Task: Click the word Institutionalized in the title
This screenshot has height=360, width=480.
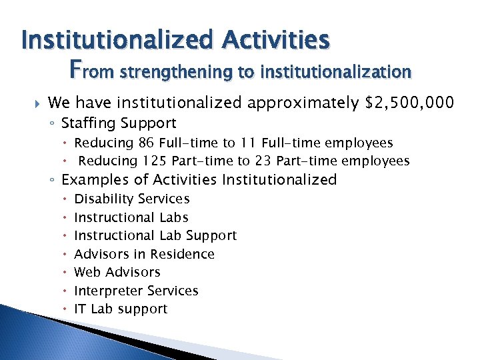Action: (117, 39)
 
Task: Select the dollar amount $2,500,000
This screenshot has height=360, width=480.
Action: (411, 103)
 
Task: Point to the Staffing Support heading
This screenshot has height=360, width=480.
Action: (119, 123)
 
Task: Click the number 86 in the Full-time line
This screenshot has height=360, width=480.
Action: (146, 143)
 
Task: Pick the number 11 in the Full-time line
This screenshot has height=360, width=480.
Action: (250, 143)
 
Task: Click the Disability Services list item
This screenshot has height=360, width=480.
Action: (132, 199)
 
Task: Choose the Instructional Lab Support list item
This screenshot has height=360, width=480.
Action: (155, 235)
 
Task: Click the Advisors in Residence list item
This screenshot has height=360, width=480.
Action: (144, 254)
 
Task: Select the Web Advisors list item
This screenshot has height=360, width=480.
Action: (117, 272)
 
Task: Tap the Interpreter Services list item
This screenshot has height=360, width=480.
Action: (136, 291)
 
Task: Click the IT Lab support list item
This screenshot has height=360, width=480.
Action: (121, 309)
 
